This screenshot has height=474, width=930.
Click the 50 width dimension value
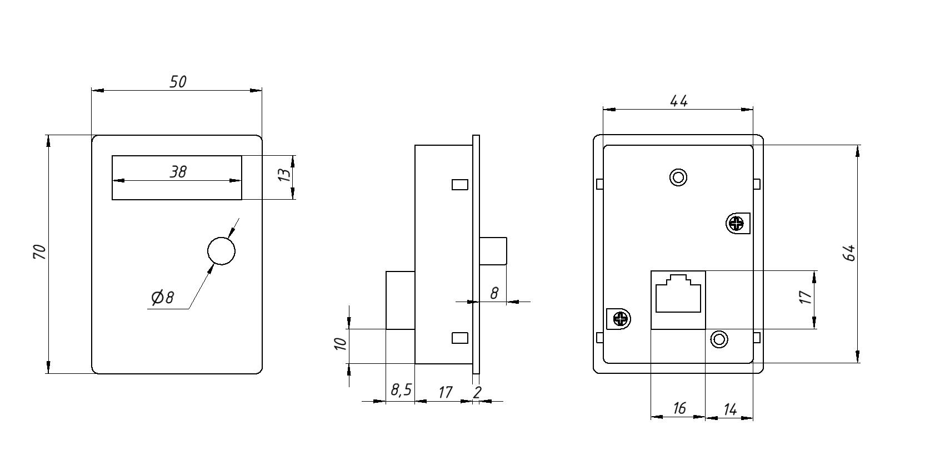point(178,82)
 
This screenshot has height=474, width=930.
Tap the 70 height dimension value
point(39,252)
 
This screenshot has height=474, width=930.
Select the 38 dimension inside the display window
point(178,172)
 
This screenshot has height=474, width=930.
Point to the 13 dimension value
point(284,175)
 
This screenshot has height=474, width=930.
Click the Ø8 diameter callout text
point(163,297)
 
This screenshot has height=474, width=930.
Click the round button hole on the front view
point(221,251)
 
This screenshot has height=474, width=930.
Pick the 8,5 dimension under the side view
point(401,390)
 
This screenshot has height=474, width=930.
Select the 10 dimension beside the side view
point(341,344)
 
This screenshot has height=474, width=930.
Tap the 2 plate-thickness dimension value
point(477,392)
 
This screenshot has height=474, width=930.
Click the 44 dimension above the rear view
point(679,101)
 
